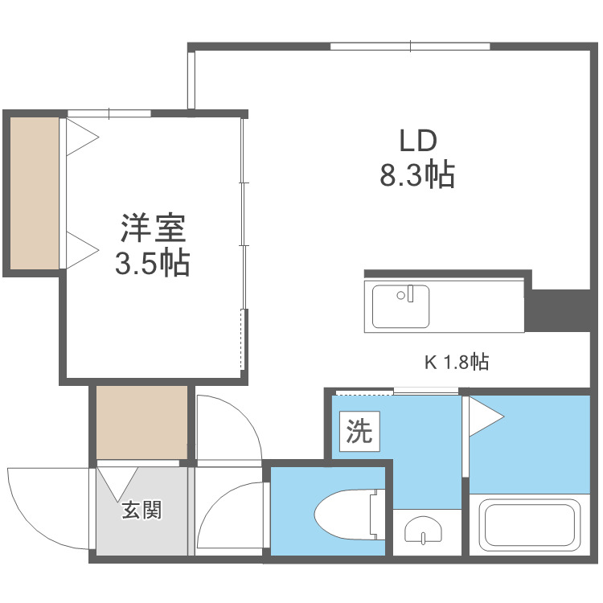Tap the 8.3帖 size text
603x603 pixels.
(x=417, y=175)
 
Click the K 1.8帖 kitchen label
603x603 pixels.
(x=457, y=363)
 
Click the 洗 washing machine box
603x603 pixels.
(x=359, y=433)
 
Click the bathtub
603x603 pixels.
(x=529, y=526)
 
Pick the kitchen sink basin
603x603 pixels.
(x=400, y=306)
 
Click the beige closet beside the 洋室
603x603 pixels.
(x=35, y=193)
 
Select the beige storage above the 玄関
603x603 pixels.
(x=142, y=422)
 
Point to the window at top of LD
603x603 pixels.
(x=410, y=47)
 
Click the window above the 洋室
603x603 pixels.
(x=109, y=113)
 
